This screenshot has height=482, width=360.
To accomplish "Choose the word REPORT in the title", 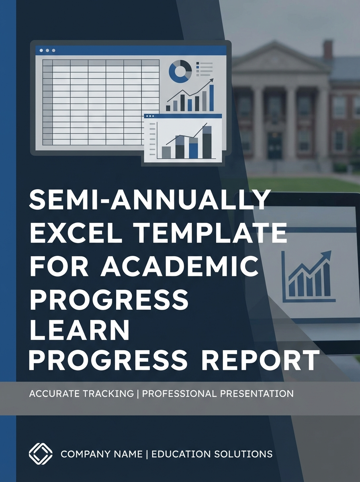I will [267, 360].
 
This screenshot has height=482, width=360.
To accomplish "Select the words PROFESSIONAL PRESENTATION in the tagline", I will [218, 393].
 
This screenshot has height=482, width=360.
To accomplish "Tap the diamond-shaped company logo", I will [41, 454].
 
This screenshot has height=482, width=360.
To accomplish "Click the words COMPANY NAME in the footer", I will [101, 454].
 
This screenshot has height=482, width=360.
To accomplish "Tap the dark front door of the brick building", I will [274, 144].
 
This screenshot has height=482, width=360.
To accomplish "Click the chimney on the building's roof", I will [328, 49].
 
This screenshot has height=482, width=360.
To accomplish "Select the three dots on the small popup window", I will [151, 116].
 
